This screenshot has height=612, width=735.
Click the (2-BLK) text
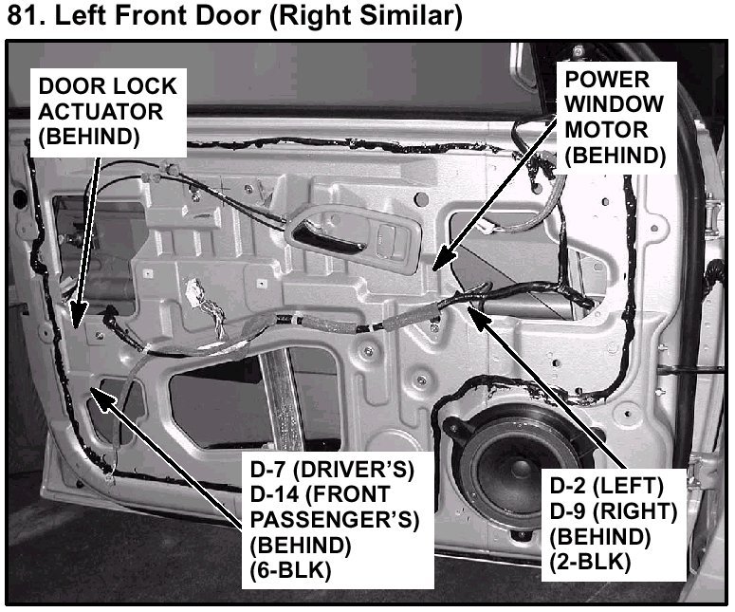pos(590,563)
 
